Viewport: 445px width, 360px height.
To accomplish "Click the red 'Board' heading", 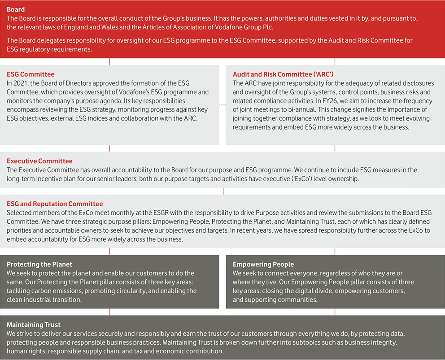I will coord(16,9).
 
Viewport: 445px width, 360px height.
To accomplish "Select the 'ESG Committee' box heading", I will coord(31,74).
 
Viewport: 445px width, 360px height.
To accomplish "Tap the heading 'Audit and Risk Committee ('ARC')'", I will coord(283,74).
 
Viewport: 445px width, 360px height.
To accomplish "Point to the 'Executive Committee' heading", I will coord(39,161).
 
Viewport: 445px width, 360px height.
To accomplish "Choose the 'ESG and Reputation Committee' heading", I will coord(55,204).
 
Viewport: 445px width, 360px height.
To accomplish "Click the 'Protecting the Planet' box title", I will coord(39,264).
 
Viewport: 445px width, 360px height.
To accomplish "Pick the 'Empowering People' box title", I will coord(263,264).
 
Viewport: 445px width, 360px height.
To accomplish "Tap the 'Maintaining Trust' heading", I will coord(34,325).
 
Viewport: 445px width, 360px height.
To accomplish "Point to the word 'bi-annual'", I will coord(302,110).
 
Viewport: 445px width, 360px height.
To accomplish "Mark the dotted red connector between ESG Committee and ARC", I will coord(222,105).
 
